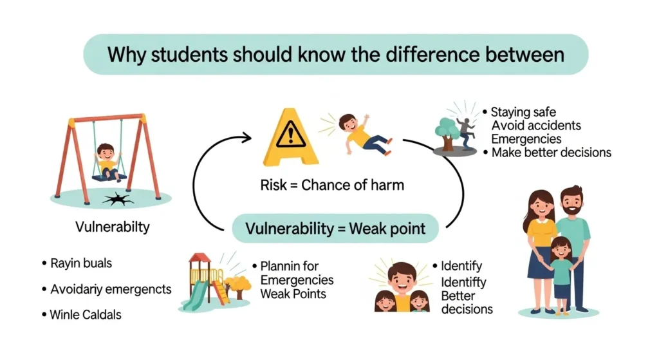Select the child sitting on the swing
(x=107, y=161)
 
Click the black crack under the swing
(x=118, y=200)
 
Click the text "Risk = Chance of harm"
(x=332, y=185)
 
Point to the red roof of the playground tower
(x=200, y=258)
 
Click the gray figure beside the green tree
(x=464, y=133)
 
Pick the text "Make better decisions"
(x=551, y=153)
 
